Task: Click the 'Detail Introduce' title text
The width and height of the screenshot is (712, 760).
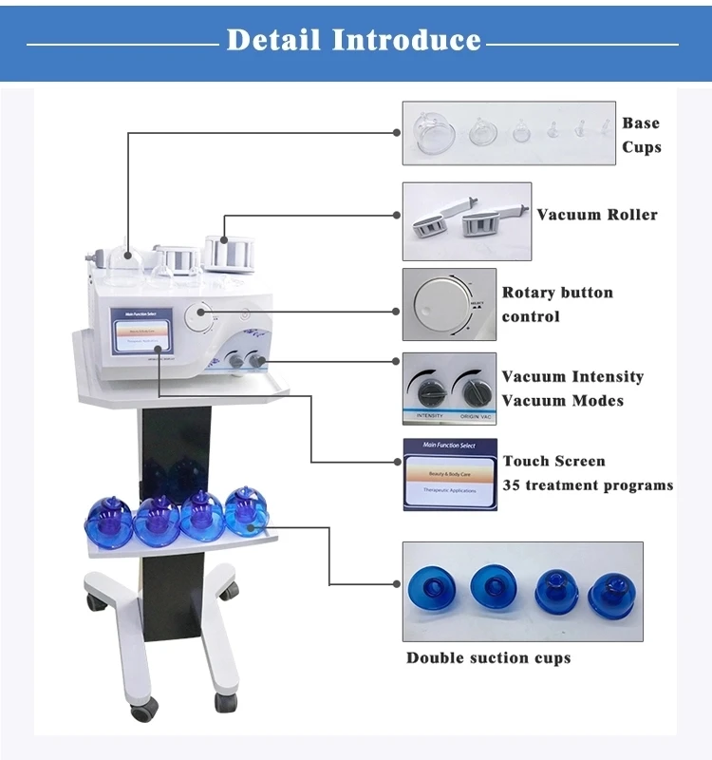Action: point(354,41)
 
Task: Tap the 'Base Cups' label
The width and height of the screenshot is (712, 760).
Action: point(641,135)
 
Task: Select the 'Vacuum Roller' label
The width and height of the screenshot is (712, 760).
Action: point(596,215)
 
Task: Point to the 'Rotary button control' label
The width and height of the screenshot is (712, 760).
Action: point(557,304)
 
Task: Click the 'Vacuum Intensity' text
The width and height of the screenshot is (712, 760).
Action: point(572,377)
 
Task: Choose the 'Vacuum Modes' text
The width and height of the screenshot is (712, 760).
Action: point(563,401)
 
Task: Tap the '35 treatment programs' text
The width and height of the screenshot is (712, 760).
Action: point(588,485)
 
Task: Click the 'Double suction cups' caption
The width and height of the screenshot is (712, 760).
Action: point(489,657)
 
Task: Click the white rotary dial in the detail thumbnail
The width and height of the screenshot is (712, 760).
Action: point(438,304)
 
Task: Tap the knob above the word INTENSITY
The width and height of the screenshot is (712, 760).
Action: point(423,389)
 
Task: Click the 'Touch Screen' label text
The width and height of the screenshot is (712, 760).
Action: point(553,462)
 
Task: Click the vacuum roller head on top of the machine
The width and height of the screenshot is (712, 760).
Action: point(224,254)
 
